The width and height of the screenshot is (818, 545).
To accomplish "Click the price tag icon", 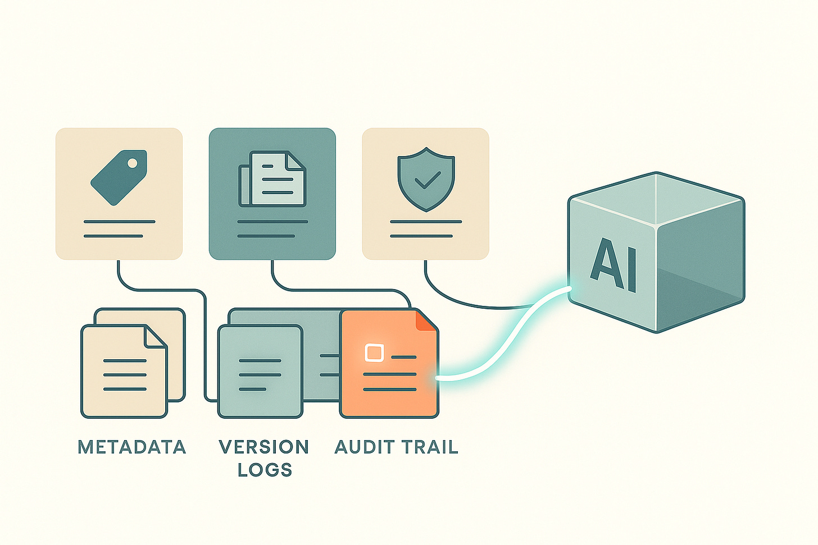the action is point(119,176).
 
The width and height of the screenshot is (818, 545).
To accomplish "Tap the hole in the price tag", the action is point(133,163).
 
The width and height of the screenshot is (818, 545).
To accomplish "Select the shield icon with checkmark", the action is point(426,179).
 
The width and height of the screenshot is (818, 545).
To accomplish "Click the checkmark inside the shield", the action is point(426,180).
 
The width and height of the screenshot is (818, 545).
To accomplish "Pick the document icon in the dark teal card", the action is point(272,178).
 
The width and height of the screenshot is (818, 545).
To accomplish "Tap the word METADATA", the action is point(132,447).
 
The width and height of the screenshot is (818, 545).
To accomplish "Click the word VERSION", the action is point(264,447).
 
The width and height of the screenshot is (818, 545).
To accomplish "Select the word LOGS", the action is point(265,470).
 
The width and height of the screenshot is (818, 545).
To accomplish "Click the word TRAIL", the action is point(430,447).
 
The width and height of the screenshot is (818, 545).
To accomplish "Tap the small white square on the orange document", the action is point(374,352).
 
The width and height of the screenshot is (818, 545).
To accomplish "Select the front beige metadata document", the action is point(124,373).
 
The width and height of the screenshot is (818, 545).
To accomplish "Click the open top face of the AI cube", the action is point(656,199).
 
